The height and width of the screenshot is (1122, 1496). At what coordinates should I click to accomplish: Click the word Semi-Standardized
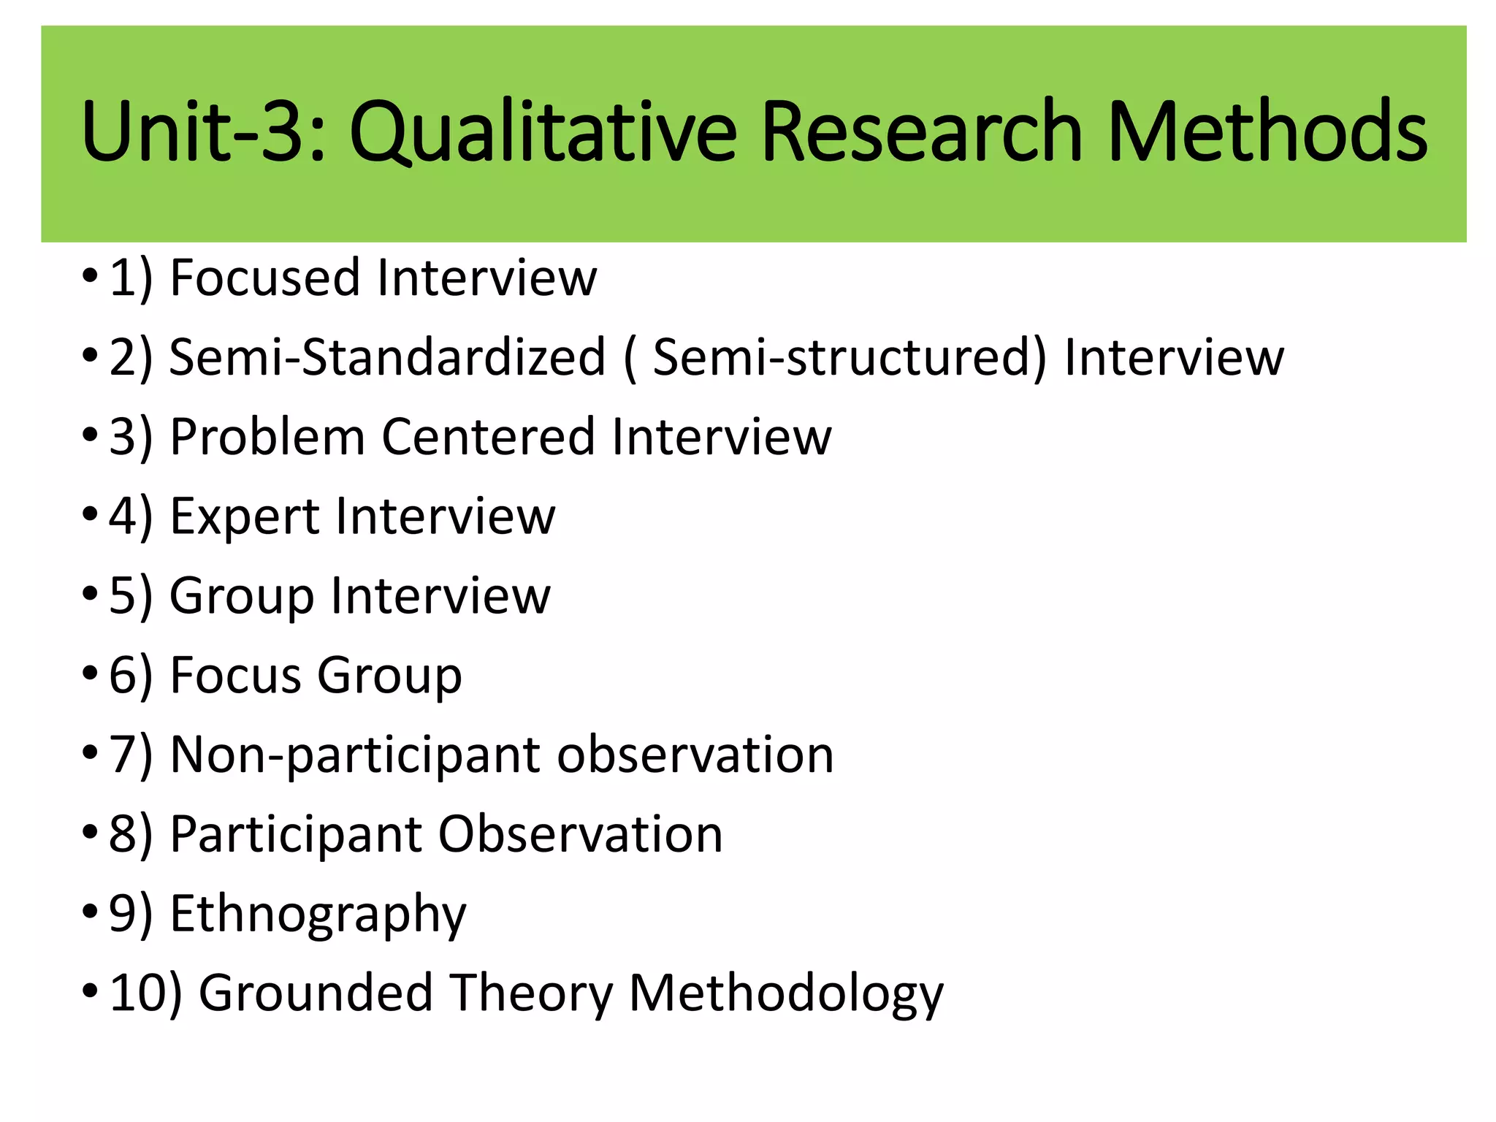point(387,357)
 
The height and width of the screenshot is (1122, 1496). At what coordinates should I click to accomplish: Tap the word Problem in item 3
point(267,437)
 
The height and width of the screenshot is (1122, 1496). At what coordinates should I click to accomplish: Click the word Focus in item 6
point(235,675)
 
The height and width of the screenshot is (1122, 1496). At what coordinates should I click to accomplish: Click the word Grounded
point(316,993)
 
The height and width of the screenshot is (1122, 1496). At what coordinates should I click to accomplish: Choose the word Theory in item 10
point(531,993)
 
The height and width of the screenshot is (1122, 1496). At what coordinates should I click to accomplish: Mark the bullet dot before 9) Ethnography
point(90,912)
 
